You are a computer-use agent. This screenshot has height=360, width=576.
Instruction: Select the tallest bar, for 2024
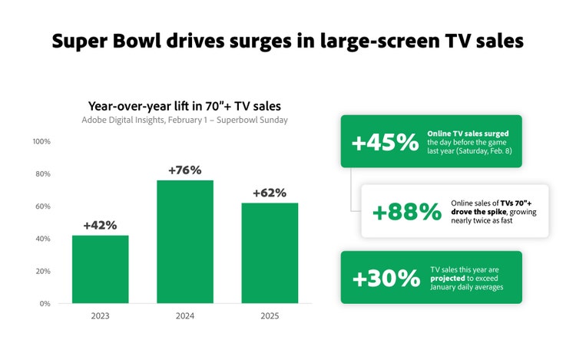click(185, 242)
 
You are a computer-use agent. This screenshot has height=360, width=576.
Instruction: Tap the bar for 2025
click(270, 253)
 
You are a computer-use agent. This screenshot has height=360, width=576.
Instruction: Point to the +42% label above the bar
click(100, 225)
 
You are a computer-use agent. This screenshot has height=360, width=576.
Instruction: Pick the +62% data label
click(270, 193)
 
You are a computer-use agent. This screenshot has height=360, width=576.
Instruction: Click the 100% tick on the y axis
click(41, 142)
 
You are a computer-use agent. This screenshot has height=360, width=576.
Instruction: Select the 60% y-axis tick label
click(41, 206)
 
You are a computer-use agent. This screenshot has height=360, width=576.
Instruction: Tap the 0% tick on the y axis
click(45, 304)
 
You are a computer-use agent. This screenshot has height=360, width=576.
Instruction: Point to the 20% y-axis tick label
click(41, 271)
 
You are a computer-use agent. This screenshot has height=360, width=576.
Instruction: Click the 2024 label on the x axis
click(185, 316)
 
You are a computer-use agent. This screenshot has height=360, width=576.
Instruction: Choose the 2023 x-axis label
click(100, 316)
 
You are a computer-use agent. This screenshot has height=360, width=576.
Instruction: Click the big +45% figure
click(384, 143)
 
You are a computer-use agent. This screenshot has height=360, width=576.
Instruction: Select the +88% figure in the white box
click(406, 211)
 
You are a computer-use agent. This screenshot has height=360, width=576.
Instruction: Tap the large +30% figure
click(386, 279)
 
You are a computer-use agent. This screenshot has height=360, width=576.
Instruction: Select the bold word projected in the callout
click(446, 279)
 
